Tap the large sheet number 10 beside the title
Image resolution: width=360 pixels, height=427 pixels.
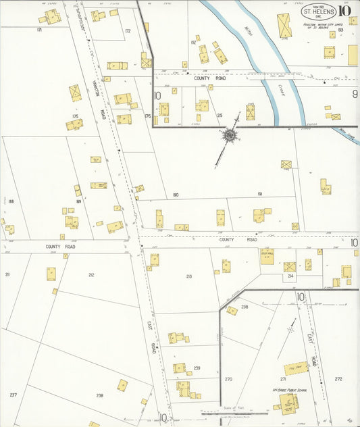[x=344, y=10]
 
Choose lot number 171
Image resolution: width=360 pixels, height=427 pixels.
[x=40, y=30]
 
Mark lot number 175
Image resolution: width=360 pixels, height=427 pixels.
[x=75, y=116]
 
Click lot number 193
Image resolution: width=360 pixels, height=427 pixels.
[x=340, y=30]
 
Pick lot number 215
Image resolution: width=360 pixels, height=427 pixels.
[x=220, y=116]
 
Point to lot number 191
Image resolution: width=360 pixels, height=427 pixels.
[x=259, y=194]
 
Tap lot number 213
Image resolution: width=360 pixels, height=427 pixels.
[x=188, y=276]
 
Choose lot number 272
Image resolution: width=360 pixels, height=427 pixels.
[x=338, y=379]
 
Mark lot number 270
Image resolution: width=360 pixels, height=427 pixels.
[x=228, y=379]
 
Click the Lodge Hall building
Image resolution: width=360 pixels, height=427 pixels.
[x=267, y=255]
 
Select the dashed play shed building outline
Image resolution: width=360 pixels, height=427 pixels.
[x=295, y=369]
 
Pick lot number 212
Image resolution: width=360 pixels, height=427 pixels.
[x=91, y=275]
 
